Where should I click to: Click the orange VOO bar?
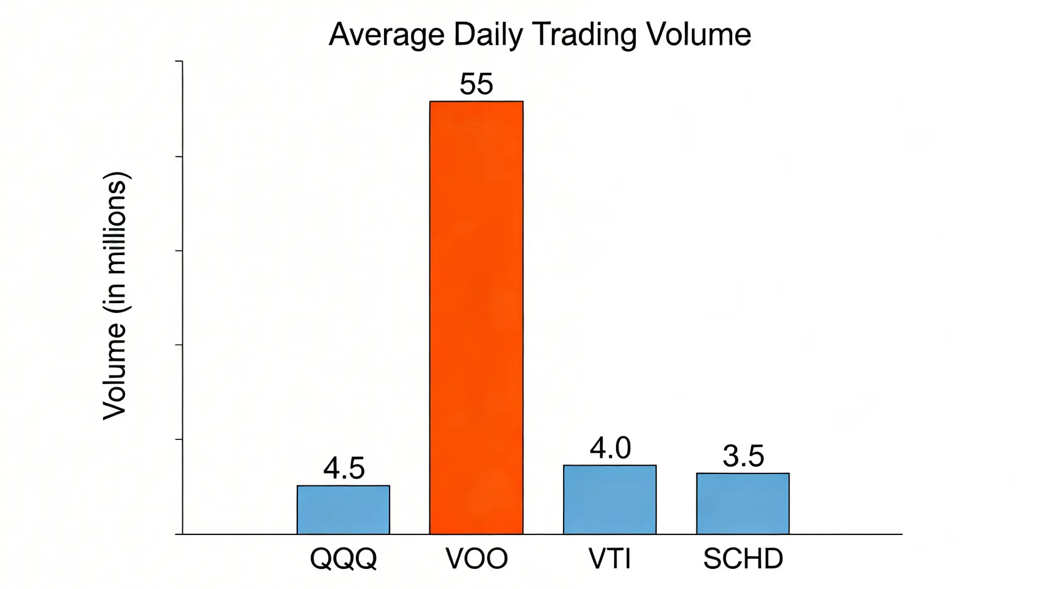coord(476,317)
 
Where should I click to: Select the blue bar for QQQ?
coord(343,510)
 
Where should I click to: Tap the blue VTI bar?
coord(610,500)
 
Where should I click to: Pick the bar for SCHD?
coord(742,504)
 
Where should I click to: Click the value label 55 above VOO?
coord(476,84)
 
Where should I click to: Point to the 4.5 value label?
coord(344,468)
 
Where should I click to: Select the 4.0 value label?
coord(610,448)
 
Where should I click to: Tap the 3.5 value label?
coord(743,456)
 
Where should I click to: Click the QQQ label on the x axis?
coord(343,559)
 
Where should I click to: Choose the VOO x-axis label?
coord(476,559)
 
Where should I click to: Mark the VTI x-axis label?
coord(610,559)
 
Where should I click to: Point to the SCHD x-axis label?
coord(743,559)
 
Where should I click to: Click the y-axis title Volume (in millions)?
coord(116,295)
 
